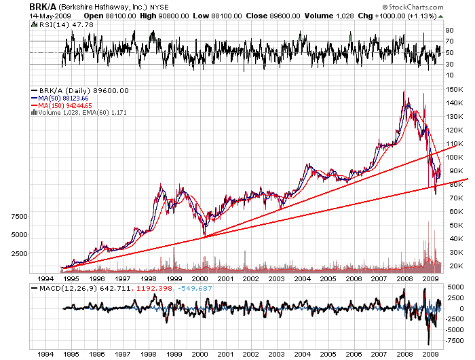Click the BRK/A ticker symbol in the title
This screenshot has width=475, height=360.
pos(42,6)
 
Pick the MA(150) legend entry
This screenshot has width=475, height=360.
pos(64,105)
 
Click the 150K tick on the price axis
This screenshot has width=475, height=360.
pos(454,89)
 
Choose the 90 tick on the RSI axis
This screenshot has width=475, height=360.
pos(449,31)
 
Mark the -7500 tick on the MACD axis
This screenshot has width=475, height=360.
pos(454,340)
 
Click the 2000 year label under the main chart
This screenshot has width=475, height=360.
pos(199,279)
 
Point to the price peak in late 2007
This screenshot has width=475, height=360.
pos(404,92)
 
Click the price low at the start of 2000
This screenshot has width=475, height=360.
pos(204,236)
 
